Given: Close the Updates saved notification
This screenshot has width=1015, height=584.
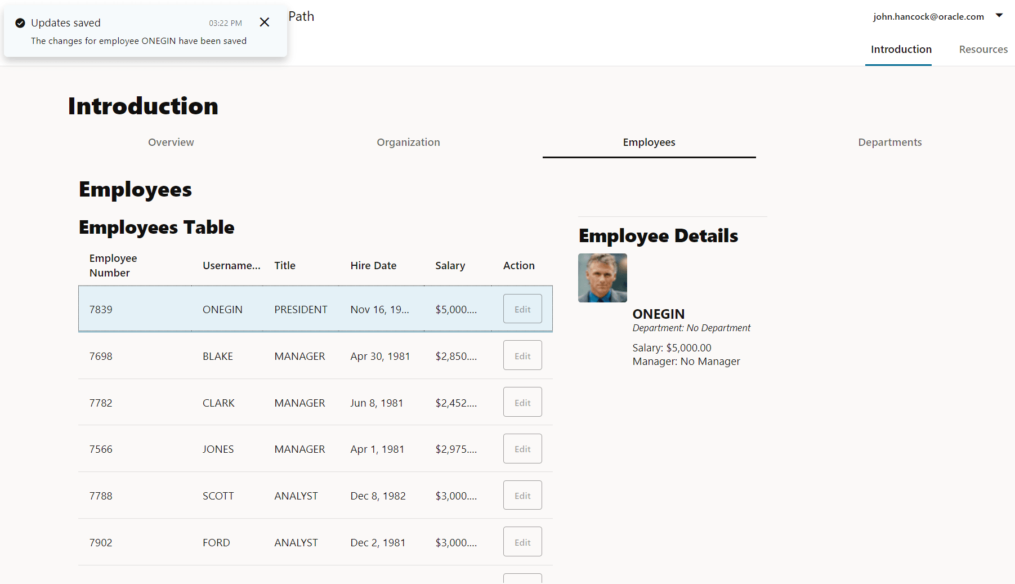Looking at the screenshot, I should click(x=265, y=23).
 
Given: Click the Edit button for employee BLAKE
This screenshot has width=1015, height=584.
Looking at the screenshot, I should click(x=522, y=355).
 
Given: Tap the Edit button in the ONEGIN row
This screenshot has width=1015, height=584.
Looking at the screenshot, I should click(x=522, y=309).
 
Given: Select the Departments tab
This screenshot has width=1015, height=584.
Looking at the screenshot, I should click(x=889, y=142).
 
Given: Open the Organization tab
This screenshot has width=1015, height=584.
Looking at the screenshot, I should click(x=408, y=142).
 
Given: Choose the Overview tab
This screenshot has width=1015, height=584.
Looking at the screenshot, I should click(x=171, y=142).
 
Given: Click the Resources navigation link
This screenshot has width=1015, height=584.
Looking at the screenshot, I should click(x=983, y=50).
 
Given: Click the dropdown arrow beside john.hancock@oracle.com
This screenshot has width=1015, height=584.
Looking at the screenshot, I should click(x=999, y=16).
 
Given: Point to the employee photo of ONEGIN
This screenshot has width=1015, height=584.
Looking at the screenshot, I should click(x=602, y=278).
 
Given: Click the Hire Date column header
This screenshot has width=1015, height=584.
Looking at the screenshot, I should click(x=373, y=265).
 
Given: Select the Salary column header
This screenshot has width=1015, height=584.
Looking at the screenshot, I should click(x=450, y=265).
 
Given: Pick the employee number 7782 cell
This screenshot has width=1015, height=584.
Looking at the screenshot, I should click(x=101, y=403).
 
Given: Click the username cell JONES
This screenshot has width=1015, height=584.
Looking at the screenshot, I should click(x=218, y=449).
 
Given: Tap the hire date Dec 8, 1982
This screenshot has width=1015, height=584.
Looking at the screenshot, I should click(x=378, y=496).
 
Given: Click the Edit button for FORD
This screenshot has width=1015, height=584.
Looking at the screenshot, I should click(x=522, y=542).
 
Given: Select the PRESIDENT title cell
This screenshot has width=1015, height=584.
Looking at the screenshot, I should click(x=301, y=309).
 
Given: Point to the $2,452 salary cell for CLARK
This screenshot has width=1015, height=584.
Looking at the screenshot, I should click(x=455, y=403).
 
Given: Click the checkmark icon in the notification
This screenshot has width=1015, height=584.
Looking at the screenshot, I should click(x=20, y=23).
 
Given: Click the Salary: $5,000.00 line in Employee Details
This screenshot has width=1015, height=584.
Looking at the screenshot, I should click(x=672, y=348).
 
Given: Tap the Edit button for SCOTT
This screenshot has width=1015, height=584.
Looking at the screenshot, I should click(x=522, y=495).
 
